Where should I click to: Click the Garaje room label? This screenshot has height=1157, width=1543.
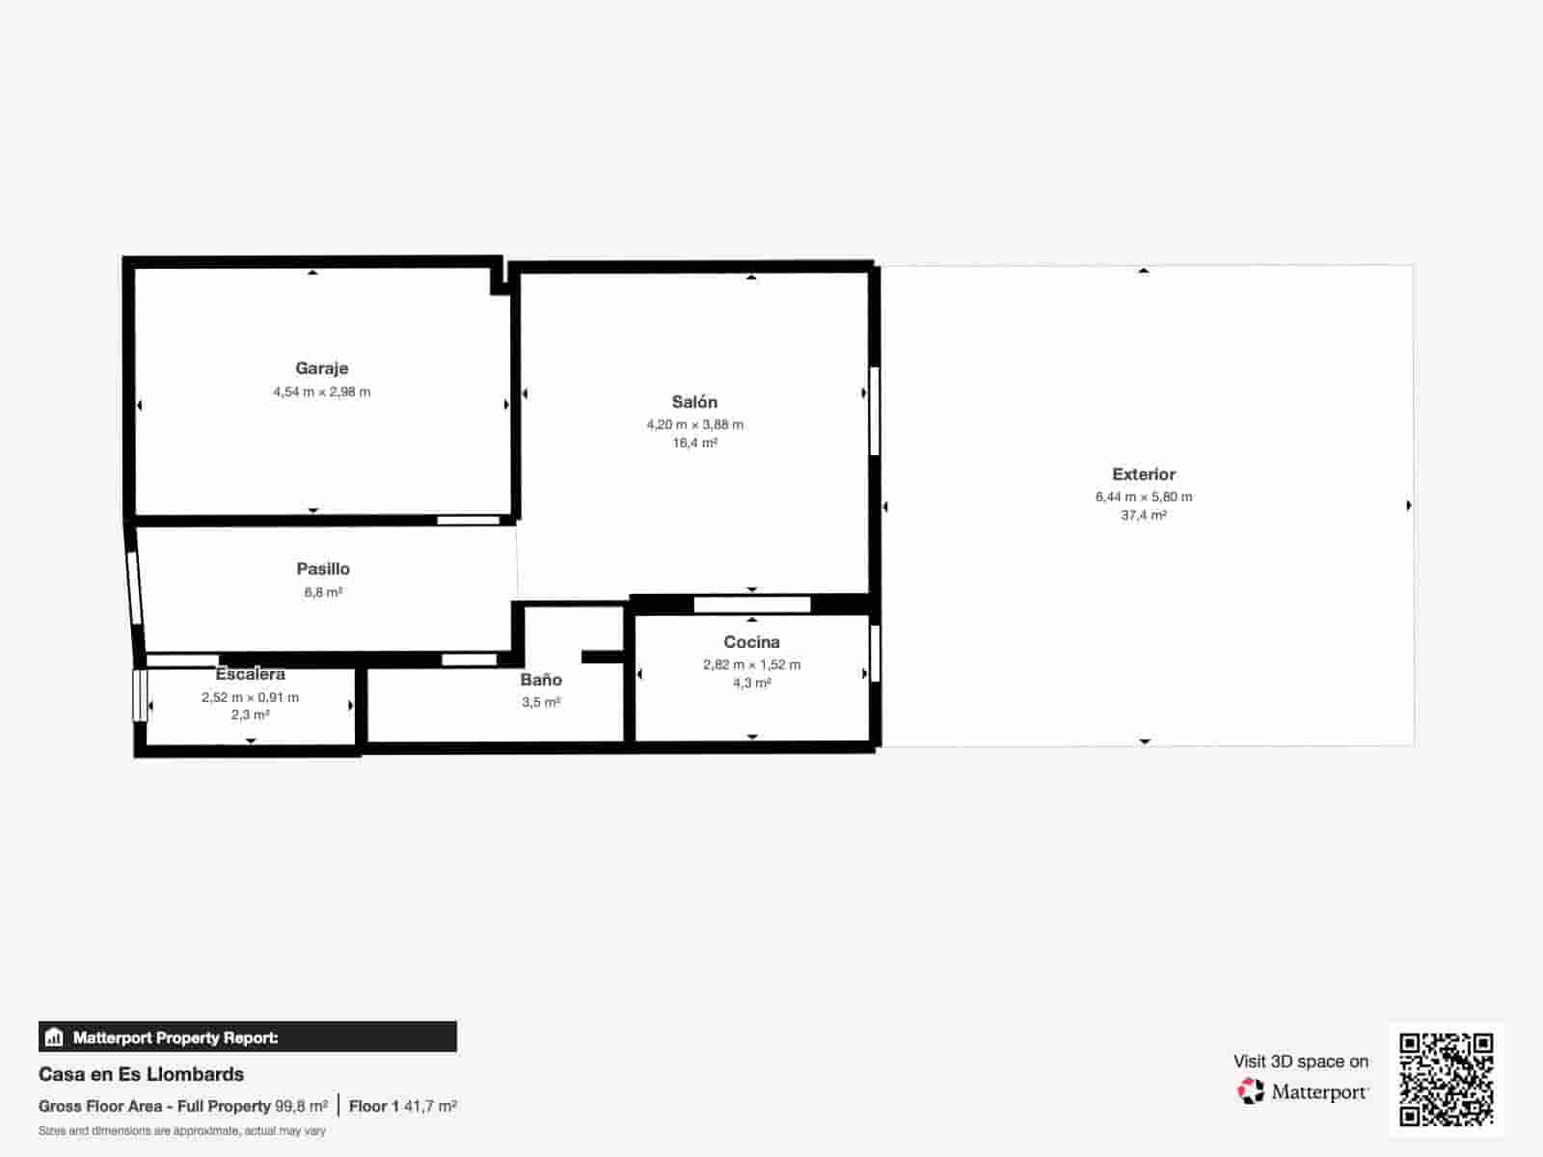pos(321,368)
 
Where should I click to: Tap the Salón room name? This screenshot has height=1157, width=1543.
pos(694,402)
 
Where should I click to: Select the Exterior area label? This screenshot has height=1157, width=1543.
pos(1144,474)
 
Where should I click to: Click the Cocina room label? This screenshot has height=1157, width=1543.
pos(751,642)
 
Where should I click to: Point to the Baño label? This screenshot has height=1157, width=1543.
pos(541,680)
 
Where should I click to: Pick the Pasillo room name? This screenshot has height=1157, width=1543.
pos(323,569)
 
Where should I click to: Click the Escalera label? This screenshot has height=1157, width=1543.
pos(250,674)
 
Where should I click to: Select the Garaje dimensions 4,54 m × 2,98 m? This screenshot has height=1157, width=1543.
pos(321,392)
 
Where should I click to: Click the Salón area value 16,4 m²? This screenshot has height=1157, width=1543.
pos(694,444)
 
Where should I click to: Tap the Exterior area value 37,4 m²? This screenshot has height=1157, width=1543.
pos(1144,516)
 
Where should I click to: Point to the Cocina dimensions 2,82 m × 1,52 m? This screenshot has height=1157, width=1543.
pos(751,664)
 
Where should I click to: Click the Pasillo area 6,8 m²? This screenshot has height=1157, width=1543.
pos(323,593)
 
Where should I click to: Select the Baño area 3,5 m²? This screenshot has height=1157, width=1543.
pos(541,703)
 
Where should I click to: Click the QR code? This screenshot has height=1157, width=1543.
pos(1446,1079)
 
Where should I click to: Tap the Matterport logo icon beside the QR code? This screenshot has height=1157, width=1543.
pos(1251,1091)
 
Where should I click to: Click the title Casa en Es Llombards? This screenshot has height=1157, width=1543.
pos(141,1074)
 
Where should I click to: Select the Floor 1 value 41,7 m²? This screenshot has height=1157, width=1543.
pos(430,1107)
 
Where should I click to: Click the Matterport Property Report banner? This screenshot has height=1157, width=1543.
pos(247,1037)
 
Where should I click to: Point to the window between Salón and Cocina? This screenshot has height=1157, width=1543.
pos(752,605)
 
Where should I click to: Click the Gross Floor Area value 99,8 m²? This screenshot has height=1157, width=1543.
pos(301,1107)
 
